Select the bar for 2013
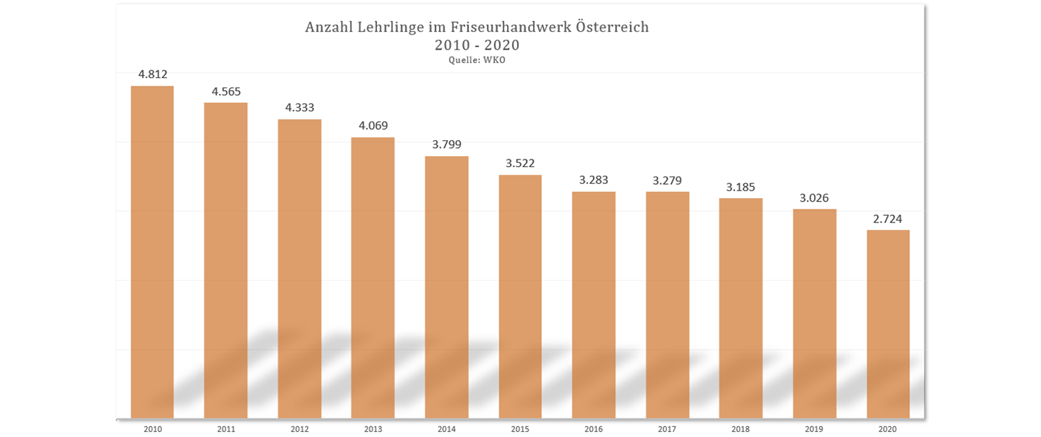373,278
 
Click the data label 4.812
153,74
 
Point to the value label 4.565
226,92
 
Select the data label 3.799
447,145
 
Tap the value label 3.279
667,181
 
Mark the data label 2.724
888,219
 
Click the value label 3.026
814,198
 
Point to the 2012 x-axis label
299,429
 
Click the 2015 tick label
520,429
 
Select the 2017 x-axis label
667,429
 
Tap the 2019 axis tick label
814,429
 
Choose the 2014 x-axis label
447,429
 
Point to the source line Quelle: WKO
477,60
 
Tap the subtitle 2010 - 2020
477,45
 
